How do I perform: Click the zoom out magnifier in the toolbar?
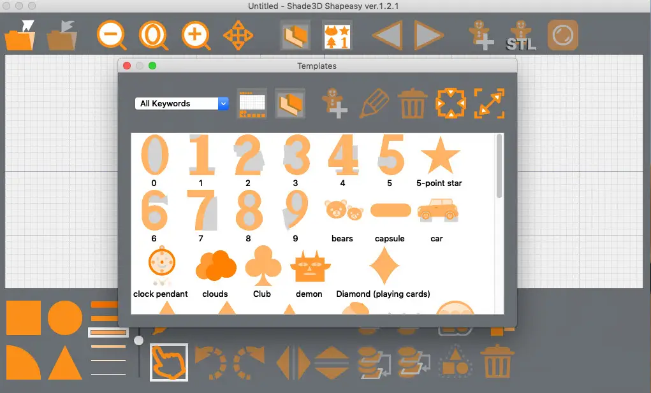coord(112,35)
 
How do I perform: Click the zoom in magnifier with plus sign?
coord(196,35)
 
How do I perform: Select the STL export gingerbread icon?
coord(521,36)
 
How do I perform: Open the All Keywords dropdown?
coord(182,103)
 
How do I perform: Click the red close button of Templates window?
coord(127,66)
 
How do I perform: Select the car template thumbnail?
coord(437,210)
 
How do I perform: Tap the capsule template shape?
coord(390,210)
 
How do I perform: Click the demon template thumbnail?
coord(310,267)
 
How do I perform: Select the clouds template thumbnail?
coord(216,266)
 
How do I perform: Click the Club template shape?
coord(263,266)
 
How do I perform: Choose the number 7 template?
coord(202,210)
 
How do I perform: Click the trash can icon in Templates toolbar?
coord(413,104)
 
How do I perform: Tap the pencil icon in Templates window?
coord(374,104)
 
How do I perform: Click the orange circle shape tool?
coord(65,318)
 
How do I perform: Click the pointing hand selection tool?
coord(168,362)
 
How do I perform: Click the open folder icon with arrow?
coord(20,36)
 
